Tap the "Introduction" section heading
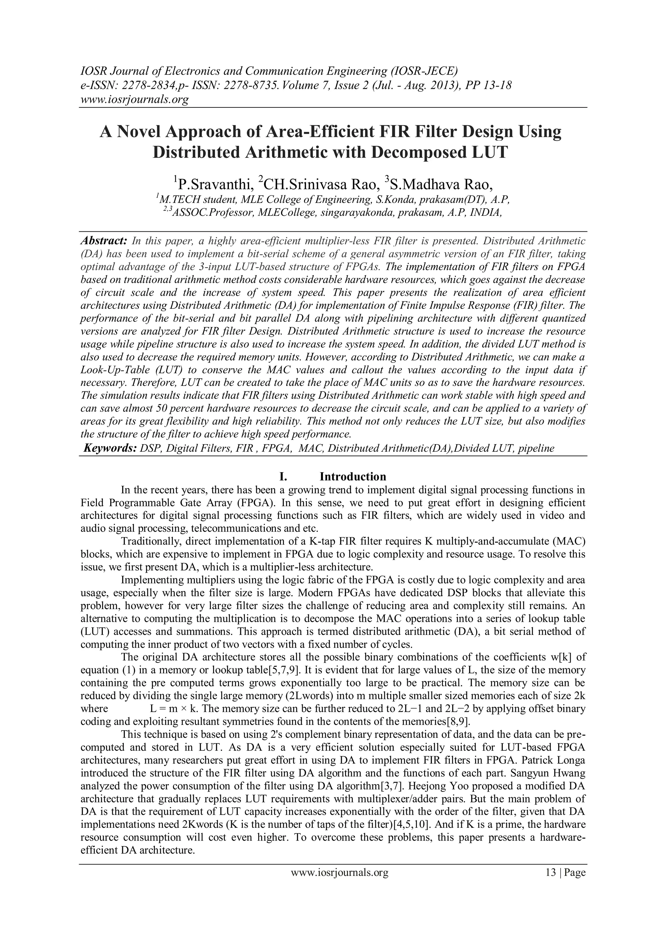click(x=353, y=476)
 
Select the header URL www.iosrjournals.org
click(x=135, y=99)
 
